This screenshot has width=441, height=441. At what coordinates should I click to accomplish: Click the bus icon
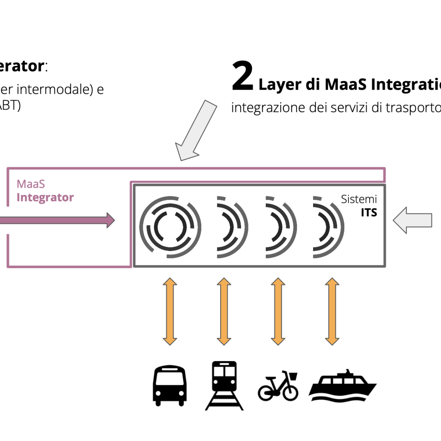click(169, 385)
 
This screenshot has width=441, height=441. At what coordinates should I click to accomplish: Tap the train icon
click(224, 384)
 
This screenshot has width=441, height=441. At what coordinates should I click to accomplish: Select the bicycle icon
click(278, 386)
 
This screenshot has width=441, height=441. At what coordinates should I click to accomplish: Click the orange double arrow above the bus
click(170, 311)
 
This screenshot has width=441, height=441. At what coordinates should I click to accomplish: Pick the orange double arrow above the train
click(224, 311)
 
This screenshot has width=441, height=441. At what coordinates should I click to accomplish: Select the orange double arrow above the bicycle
click(278, 311)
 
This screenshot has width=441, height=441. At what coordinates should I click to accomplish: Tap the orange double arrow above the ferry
click(332, 311)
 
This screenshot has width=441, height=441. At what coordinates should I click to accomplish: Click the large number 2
click(243, 76)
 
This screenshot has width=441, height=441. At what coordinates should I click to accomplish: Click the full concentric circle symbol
click(170, 227)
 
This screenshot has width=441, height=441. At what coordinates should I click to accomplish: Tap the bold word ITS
click(369, 213)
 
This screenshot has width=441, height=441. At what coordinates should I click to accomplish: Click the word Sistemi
click(359, 199)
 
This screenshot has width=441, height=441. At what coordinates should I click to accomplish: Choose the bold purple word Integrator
click(45, 198)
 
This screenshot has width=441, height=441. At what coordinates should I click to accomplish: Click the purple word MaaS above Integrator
click(31, 184)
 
